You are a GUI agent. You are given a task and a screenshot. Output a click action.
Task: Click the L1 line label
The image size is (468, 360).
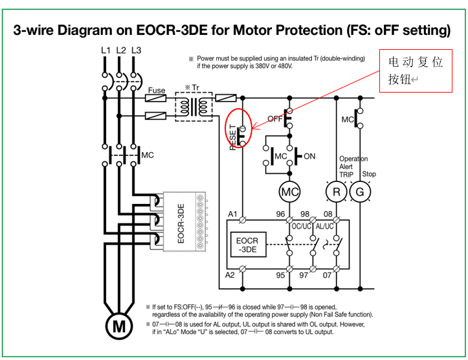click(106, 50)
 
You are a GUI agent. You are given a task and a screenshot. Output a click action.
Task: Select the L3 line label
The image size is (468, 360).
click(136, 50)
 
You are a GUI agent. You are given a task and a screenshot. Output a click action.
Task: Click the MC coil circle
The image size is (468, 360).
click(289, 192)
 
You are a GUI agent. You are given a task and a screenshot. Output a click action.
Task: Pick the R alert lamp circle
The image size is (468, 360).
click(336, 192)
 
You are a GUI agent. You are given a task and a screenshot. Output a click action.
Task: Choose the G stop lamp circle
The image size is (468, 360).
click(360, 192)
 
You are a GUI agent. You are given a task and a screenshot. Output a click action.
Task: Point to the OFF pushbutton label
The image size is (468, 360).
click(276, 118)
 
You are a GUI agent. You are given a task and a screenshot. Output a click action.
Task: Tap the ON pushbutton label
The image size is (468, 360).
click(309, 156)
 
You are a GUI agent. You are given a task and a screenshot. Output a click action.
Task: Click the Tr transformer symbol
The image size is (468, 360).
click(194, 106)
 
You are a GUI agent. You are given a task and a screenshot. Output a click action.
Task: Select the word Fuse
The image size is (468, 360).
click(157, 91)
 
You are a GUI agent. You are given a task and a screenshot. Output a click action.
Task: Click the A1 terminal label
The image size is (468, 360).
click(232, 214)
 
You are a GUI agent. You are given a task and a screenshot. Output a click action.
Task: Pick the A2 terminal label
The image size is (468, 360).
click(231, 275)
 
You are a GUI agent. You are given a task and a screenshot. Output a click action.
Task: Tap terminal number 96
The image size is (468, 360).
click(280, 214)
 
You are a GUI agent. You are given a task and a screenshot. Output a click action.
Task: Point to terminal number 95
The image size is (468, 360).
click(280, 275)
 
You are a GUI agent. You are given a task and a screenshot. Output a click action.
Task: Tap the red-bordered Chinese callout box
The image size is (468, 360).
click(415, 71)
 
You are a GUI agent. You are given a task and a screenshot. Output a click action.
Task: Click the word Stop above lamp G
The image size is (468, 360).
click(368, 174)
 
